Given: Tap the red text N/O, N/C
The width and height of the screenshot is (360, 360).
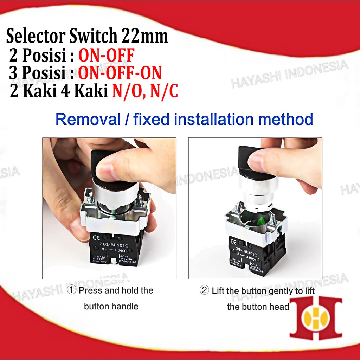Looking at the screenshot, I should tap(145, 91).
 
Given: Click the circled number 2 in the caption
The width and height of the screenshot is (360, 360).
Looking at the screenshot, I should tap(204, 291).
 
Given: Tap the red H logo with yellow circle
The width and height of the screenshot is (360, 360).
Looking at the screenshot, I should tap(315, 318).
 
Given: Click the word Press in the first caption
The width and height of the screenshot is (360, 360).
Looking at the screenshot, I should tap(90, 291).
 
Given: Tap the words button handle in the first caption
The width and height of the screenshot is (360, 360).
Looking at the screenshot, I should tap(111, 306).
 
